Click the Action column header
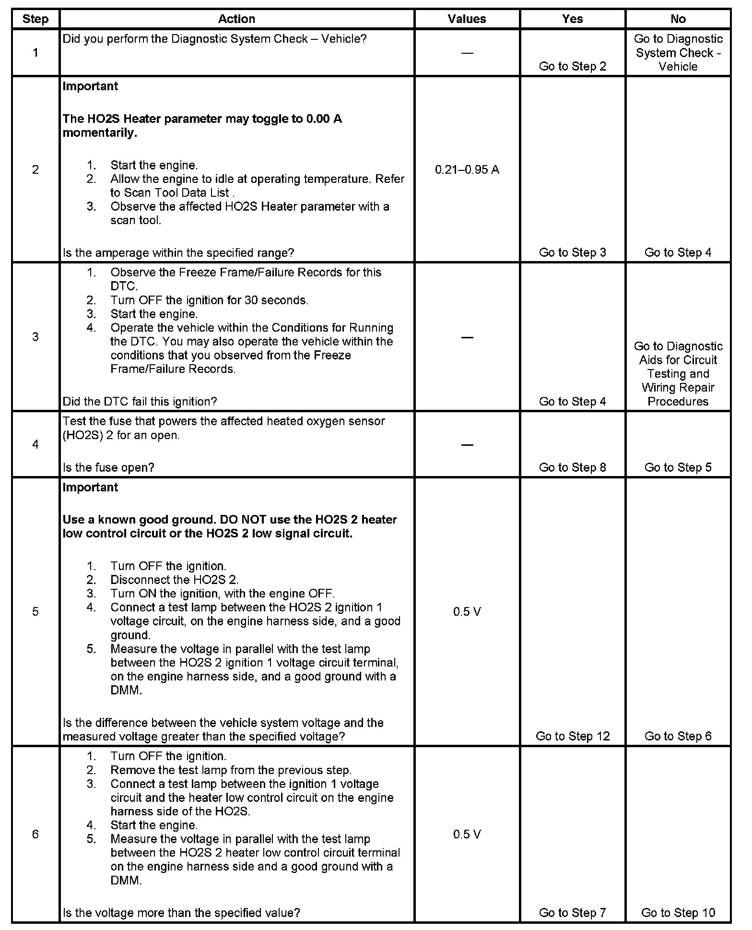pos(236,19)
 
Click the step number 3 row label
pos(35,336)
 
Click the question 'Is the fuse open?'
pos(108,467)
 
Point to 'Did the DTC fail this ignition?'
pos(140,401)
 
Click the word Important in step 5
pos(90,487)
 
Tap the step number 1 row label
pos(35,52)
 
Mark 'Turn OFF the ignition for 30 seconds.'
pos(209,300)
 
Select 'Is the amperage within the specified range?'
pos(178,252)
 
